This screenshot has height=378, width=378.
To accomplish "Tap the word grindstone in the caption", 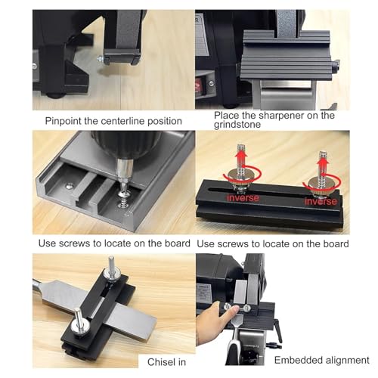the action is point(237,125).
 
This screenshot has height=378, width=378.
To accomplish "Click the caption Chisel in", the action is point(166,362).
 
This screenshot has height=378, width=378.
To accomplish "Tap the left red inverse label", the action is point(243,198).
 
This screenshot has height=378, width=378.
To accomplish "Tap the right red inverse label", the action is point(321,201).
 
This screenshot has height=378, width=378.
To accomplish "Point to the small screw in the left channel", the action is point(69,186).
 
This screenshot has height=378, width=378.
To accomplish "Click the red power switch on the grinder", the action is point(197,86).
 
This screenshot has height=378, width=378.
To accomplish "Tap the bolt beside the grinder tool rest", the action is point(101,59).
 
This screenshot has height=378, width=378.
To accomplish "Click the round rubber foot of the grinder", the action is point(55,96).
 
